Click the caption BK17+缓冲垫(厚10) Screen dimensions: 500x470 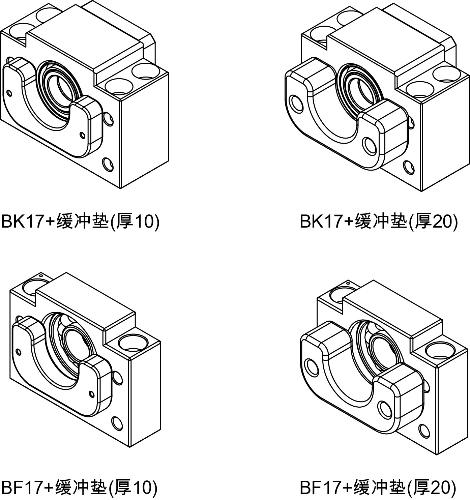pyautogui.click(x=80, y=222)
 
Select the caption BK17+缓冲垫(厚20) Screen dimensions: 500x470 pyautogui.click(x=379, y=222)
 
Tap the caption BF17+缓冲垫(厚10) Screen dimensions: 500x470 pyautogui.click(x=79, y=487)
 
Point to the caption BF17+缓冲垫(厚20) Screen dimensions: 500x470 pyautogui.click(x=378, y=487)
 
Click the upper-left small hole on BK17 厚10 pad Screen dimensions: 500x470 pyautogui.click(x=9, y=92)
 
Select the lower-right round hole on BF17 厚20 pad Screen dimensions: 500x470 pyautogui.click(x=384, y=409)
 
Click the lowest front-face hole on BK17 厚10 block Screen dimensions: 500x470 pyautogui.click(x=109, y=164)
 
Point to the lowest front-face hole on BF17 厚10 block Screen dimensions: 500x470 pyautogui.click(x=117, y=422)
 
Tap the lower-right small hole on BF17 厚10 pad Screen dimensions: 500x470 pyautogui.click(x=91, y=393)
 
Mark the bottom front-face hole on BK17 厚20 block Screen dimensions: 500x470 pyautogui.click(x=409, y=167)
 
